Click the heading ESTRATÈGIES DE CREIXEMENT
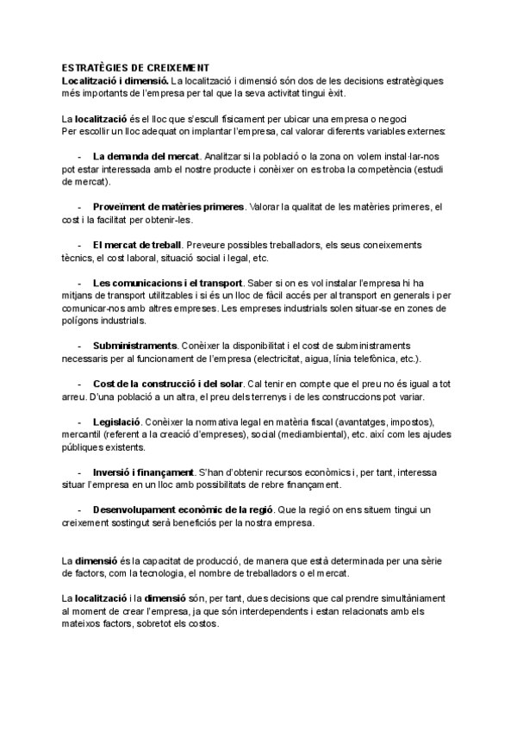[135, 67]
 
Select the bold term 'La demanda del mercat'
[146, 157]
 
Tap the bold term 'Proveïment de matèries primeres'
[168, 207]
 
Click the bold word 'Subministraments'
[135, 346]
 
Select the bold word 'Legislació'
[116, 422]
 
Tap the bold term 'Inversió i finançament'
[143, 472]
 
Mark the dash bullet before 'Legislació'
[79, 422]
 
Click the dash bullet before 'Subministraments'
[79, 346]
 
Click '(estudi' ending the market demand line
[430, 170]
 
